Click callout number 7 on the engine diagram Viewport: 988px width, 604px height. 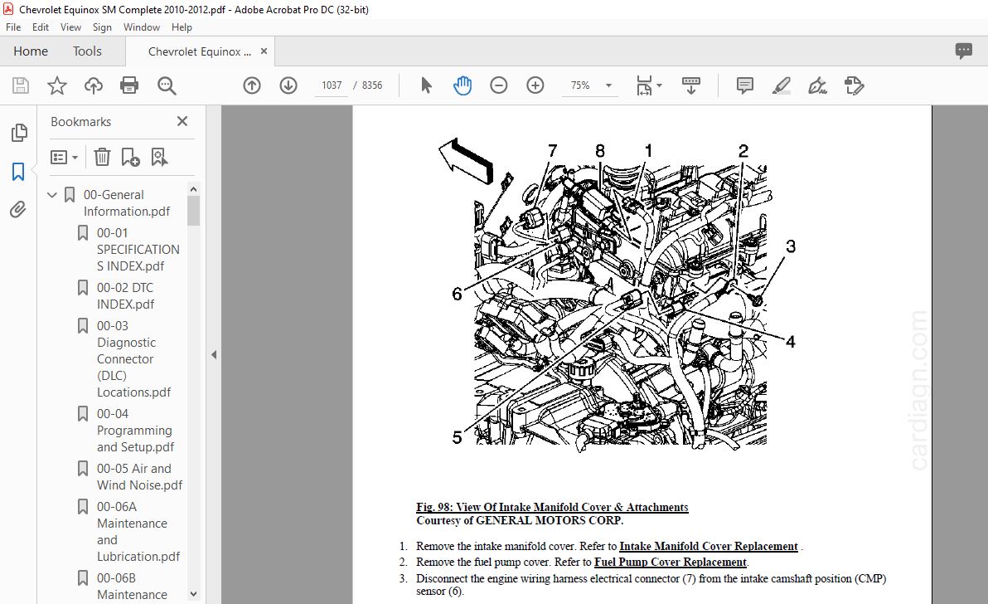[x=553, y=151]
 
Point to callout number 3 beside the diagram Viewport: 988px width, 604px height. [x=790, y=246]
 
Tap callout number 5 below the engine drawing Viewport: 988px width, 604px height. [x=457, y=437]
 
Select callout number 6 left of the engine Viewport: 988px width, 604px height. [x=457, y=294]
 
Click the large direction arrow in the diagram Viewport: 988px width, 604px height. [x=467, y=160]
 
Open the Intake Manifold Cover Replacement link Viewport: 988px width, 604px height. [x=708, y=547]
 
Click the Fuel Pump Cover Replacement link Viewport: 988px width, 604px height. [x=671, y=563]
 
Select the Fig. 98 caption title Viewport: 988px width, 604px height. [x=552, y=507]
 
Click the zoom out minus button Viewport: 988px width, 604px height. [x=498, y=85]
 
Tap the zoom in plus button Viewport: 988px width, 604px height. [x=535, y=85]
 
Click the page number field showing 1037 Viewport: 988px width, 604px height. [x=332, y=85]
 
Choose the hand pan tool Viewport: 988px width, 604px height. [x=462, y=85]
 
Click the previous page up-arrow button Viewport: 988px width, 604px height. [x=252, y=85]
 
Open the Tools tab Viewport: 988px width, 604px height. [x=87, y=51]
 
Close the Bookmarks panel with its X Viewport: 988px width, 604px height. [x=182, y=121]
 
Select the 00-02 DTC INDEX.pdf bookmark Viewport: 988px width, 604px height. [x=125, y=295]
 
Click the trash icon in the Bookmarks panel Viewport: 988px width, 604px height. [x=102, y=157]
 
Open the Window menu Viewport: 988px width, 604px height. [x=141, y=27]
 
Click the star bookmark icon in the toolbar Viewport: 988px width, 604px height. [x=57, y=85]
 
